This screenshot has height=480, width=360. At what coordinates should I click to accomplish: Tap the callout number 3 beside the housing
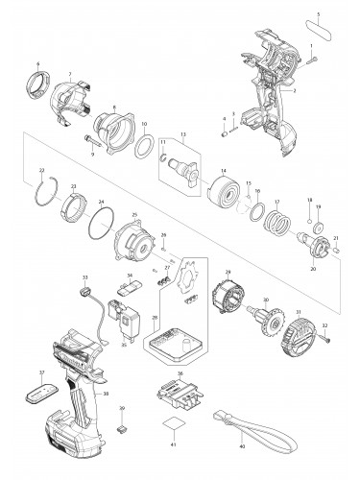(x=307, y=89)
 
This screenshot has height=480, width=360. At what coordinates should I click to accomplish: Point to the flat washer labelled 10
(x=145, y=151)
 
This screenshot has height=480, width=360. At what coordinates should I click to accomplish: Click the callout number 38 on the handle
(x=106, y=394)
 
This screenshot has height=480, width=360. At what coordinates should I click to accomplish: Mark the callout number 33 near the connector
(x=84, y=276)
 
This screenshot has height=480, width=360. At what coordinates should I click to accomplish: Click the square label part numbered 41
(x=174, y=425)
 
